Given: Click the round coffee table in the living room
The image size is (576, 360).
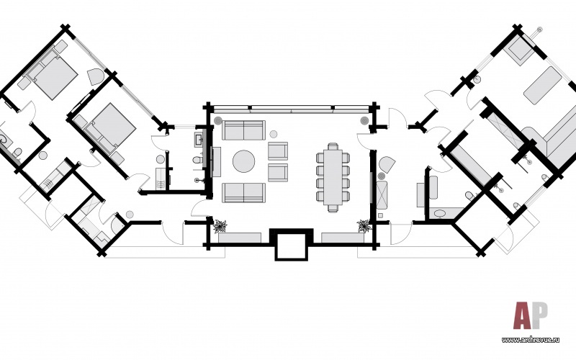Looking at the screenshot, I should (243, 161).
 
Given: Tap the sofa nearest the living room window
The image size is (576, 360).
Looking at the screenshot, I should (243, 130).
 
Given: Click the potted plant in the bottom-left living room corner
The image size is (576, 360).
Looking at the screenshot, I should (220, 226).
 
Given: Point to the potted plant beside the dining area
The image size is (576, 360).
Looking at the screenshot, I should (364, 226).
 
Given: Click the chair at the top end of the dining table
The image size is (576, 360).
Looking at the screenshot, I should (332, 147).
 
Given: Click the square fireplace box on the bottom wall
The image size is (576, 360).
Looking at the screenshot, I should (291, 246).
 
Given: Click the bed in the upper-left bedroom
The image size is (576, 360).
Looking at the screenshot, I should (49, 76).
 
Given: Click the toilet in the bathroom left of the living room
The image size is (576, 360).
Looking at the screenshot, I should (197, 160).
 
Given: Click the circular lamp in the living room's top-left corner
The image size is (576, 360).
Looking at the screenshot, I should (218, 118).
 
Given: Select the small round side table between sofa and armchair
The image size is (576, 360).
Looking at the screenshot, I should (274, 134).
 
